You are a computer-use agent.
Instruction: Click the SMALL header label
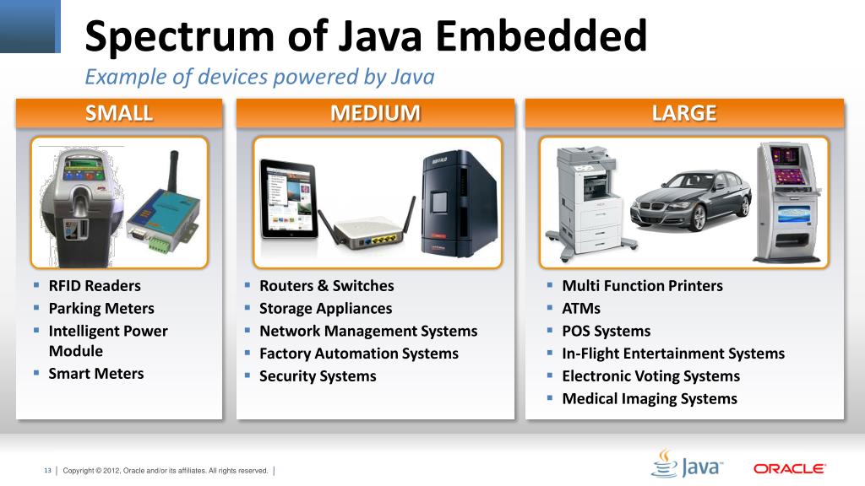click(x=119, y=113)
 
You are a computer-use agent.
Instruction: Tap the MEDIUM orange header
click(x=375, y=113)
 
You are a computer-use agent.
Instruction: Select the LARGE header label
click(x=684, y=113)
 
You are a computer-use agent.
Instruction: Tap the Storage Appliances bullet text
click(x=325, y=309)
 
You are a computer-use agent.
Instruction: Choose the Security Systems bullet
click(x=318, y=376)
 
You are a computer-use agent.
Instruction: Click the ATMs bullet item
click(x=581, y=309)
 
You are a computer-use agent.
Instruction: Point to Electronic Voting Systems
click(x=650, y=376)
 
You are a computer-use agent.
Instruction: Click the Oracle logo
click(x=789, y=468)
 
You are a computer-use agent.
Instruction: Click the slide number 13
click(x=48, y=470)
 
